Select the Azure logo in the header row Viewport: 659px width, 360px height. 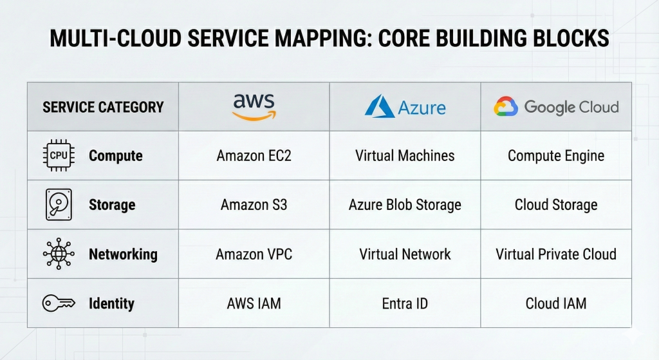click(x=405, y=107)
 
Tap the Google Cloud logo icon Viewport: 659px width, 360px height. click(x=506, y=107)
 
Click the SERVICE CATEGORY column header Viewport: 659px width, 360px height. click(x=103, y=107)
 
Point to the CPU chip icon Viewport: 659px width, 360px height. click(x=58, y=156)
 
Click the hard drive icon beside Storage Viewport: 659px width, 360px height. click(x=58, y=205)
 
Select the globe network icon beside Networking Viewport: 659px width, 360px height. click(x=58, y=254)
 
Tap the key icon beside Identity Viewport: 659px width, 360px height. click(x=58, y=303)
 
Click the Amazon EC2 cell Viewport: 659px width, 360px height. click(x=254, y=156)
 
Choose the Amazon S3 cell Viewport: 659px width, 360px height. click(x=254, y=205)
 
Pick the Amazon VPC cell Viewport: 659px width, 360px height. click(x=254, y=254)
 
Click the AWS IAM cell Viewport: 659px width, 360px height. click(x=254, y=303)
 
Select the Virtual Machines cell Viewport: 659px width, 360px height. click(x=405, y=156)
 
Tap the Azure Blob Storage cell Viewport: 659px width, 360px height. click(x=405, y=205)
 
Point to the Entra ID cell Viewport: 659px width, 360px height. click(x=405, y=303)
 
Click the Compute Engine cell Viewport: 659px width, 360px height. click(x=556, y=156)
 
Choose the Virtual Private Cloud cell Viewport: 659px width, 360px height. click(x=556, y=254)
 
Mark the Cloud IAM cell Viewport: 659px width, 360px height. click(x=556, y=303)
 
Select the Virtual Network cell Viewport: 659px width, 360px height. click(x=405, y=254)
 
